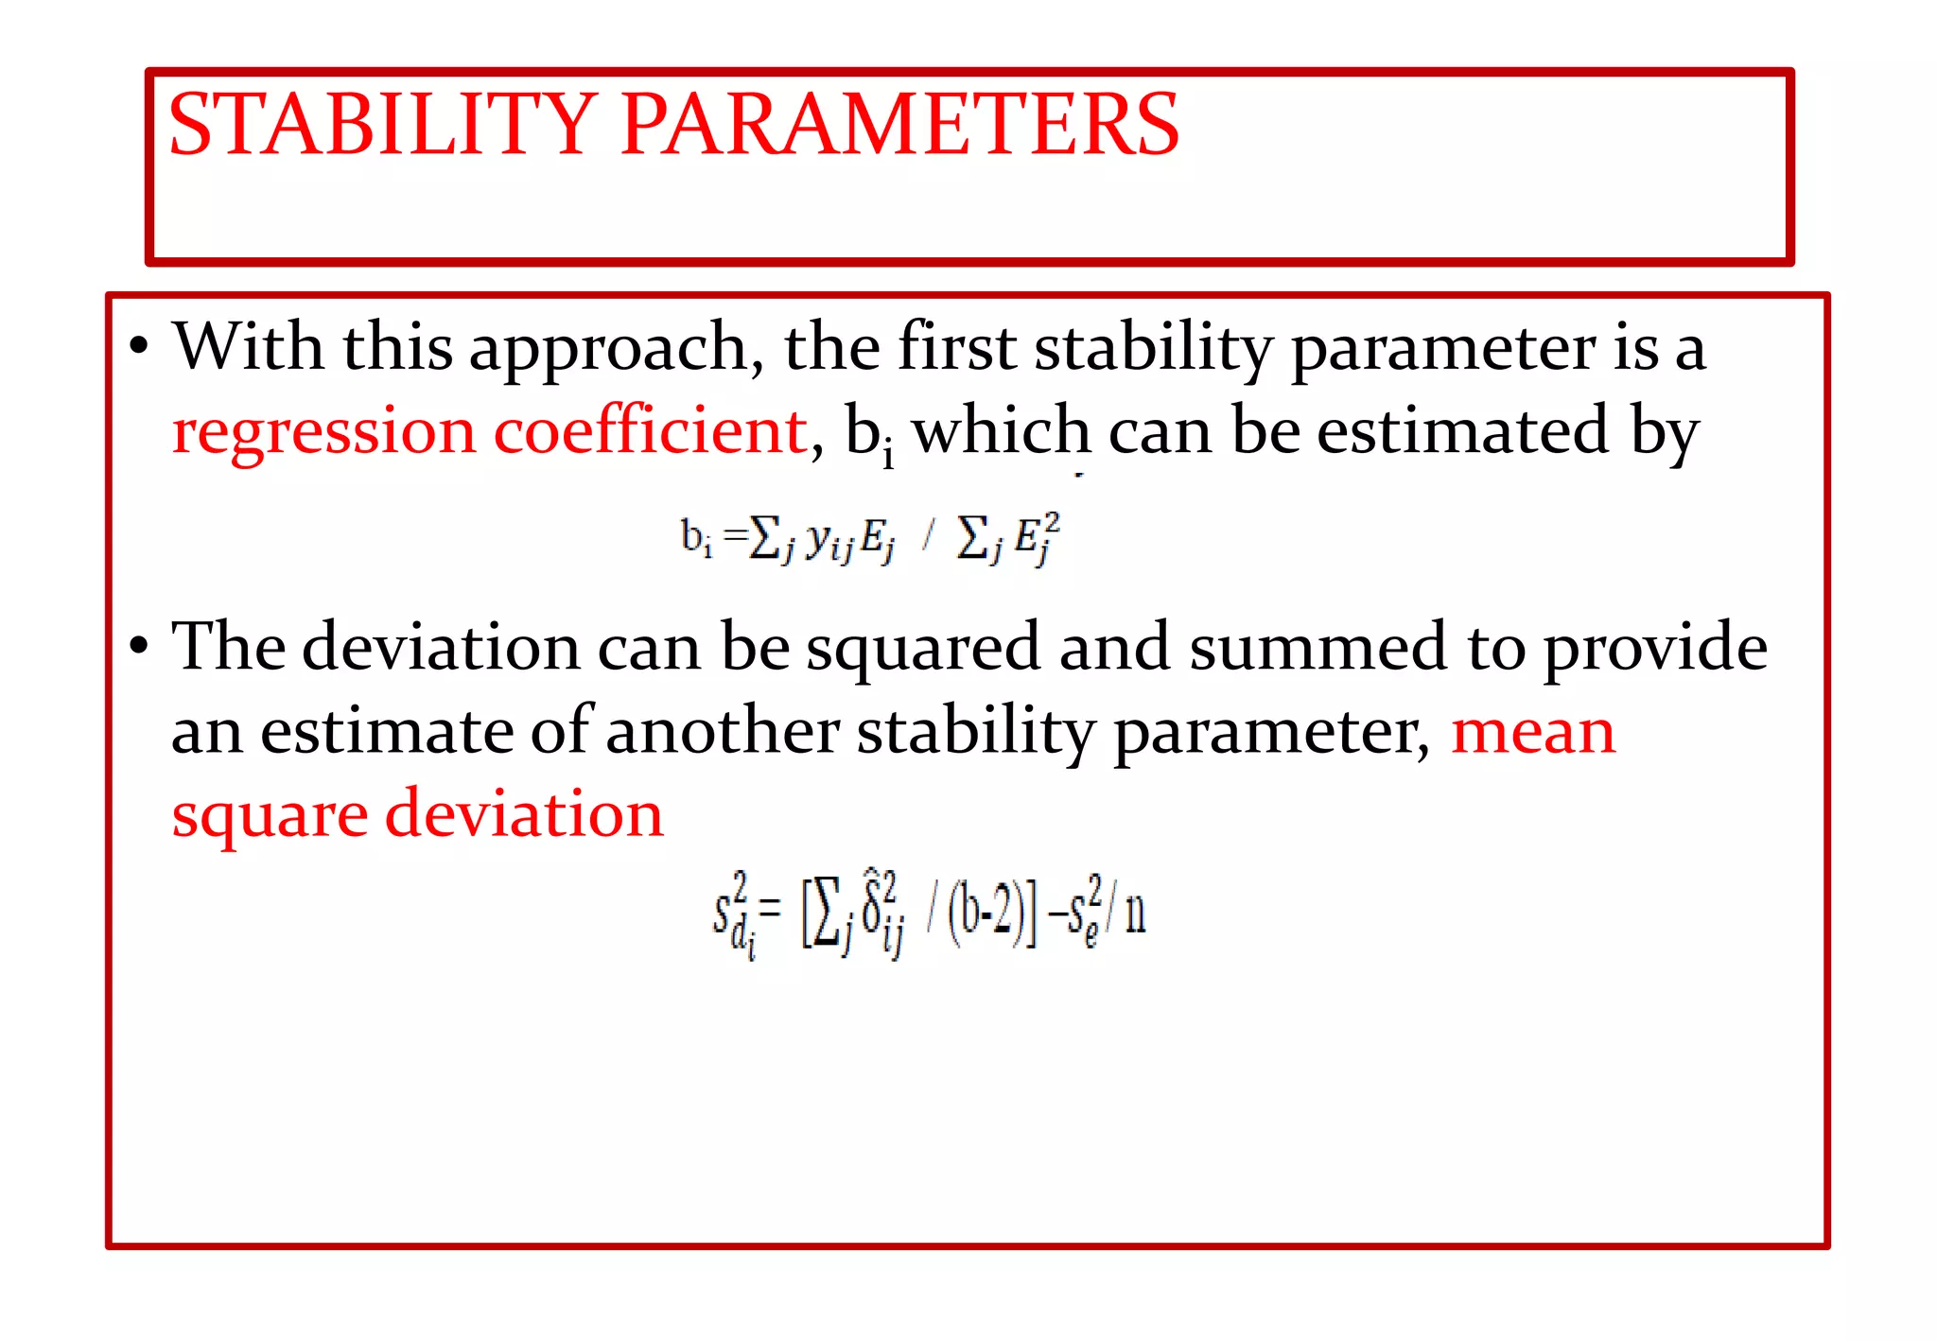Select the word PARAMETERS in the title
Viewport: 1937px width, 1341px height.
[899, 125]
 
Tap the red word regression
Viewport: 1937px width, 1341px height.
[323, 432]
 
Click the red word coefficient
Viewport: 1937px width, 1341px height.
[651, 432]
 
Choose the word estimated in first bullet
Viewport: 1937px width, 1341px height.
[1462, 432]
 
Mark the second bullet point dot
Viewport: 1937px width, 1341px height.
[139, 647]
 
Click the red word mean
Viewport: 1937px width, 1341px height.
[1533, 732]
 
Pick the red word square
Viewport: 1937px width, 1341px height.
[270, 816]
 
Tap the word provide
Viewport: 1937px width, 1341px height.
[1655, 650]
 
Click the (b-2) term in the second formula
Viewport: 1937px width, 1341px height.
[985, 913]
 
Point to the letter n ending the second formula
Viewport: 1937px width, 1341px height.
[1135, 913]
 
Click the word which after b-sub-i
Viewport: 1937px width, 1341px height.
[1001, 432]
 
